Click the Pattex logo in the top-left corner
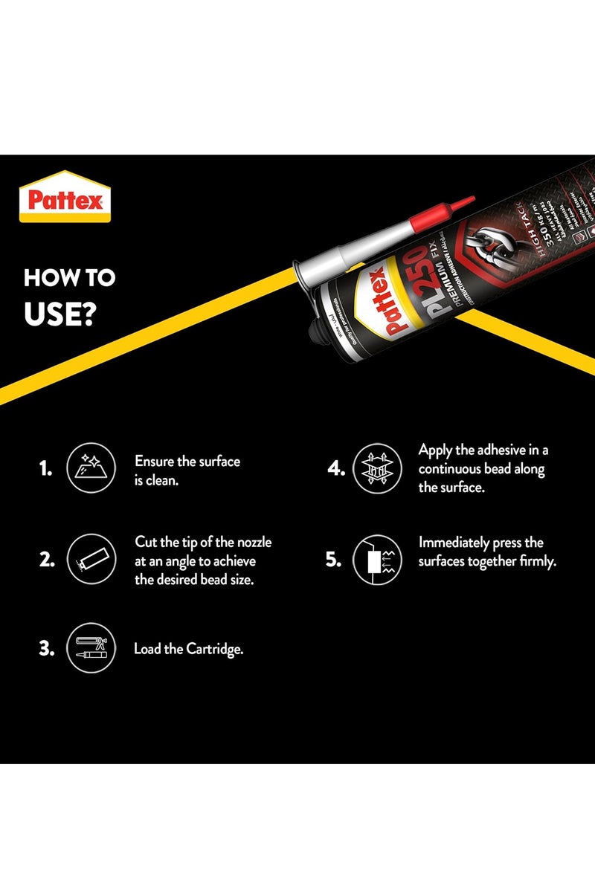coord(65,198)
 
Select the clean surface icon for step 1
coord(91,468)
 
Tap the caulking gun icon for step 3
coord(91,647)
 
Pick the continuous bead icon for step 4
coord(376,468)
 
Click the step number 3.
coord(47,648)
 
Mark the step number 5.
coord(332,560)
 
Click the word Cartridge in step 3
coord(215,649)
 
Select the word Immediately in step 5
coord(454,543)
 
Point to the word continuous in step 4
coord(451,469)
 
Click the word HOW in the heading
coord(50,278)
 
